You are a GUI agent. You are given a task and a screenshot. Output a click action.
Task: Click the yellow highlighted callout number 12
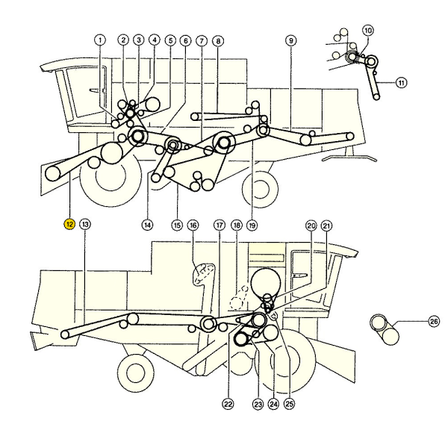(69, 223)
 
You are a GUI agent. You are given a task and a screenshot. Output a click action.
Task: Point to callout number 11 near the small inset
(402, 83)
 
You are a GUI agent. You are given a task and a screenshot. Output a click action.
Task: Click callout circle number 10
(367, 30)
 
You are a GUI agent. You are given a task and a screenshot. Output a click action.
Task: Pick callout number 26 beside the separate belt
(413, 322)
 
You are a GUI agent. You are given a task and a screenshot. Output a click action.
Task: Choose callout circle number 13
(84, 223)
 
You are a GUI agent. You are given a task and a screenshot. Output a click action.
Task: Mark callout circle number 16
(193, 225)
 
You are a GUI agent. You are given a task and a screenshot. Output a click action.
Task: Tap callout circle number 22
(228, 404)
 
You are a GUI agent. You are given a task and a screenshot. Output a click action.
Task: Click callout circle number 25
(289, 404)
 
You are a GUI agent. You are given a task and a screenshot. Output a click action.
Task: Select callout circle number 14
(148, 223)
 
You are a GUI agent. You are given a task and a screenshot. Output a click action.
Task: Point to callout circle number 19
(252, 223)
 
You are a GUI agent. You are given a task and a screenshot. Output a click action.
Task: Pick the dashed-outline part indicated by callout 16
(203, 275)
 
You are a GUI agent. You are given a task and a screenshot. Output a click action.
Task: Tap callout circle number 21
(326, 225)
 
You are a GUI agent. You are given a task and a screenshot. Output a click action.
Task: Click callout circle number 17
(219, 225)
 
